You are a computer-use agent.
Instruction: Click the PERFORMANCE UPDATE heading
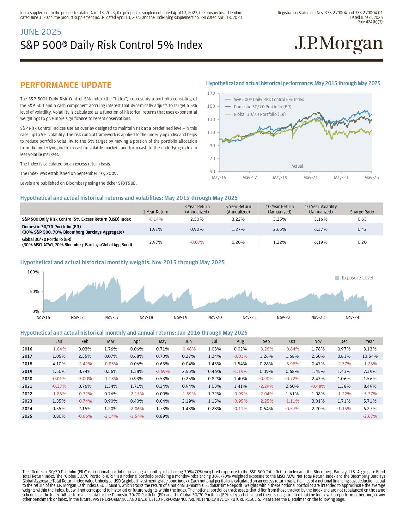pyautogui.click(x=66, y=85)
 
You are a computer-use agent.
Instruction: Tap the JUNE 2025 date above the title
pyautogui.click(x=41, y=32)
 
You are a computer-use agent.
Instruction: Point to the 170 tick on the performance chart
pyautogui.click(x=211, y=93)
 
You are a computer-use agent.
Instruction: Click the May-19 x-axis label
pyautogui.click(x=280, y=177)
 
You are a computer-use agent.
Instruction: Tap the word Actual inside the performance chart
pyautogui.click(x=297, y=166)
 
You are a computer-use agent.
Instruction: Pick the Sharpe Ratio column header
pyautogui.click(x=362, y=212)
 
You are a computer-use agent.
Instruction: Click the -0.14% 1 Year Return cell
pyautogui.click(x=156, y=219)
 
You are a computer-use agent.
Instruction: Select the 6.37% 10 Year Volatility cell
pyautogui.click(x=321, y=229)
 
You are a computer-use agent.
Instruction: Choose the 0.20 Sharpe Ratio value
pyautogui.click(x=362, y=242)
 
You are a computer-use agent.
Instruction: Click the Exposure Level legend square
pyautogui.click(x=337, y=278)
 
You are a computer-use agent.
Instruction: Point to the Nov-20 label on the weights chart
pyautogui.click(x=215, y=317)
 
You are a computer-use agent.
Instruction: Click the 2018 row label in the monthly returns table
pyautogui.click(x=27, y=364)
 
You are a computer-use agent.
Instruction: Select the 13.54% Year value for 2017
pyautogui.click(x=369, y=356)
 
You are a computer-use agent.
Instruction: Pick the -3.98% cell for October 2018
pyautogui.click(x=292, y=364)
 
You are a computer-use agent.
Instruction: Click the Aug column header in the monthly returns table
pyautogui.click(x=240, y=341)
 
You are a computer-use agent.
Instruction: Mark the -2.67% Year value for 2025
pyautogui.click(x=369, y=416)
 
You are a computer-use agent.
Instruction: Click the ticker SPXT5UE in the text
pyautogui.click(x=127, y=183)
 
